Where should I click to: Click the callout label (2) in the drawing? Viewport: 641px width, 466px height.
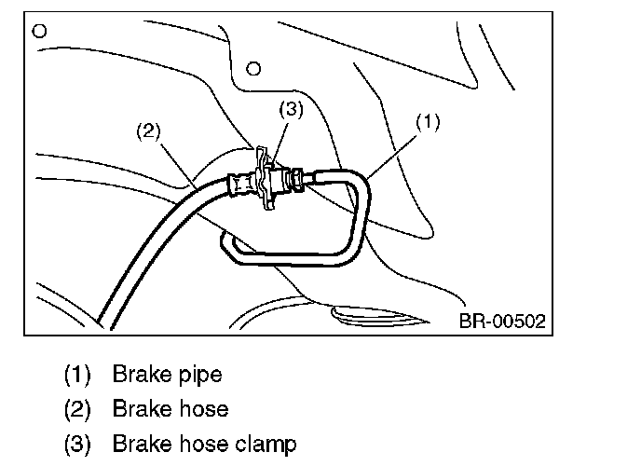click(149, 130)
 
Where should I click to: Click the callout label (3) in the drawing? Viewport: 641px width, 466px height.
click(292, 109)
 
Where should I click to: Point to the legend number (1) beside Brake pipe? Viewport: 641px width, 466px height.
click(76, 376)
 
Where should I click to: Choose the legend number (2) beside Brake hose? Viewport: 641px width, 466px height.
click(76, 409)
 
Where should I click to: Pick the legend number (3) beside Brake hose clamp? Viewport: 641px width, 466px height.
click(76, 443)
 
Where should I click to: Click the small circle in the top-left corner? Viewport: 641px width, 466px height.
click(38, 29)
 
